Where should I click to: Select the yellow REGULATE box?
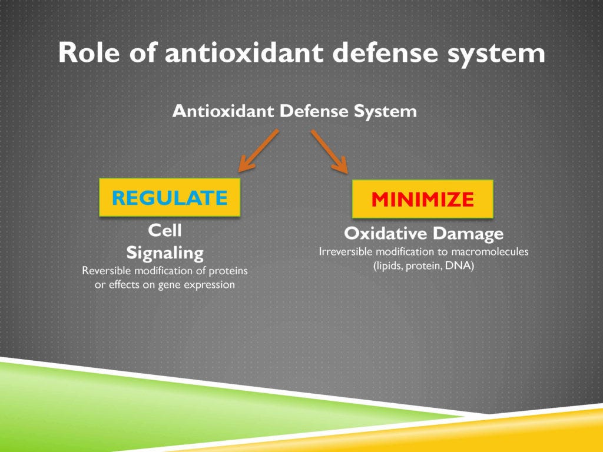pyautogui.click(x=170, y=197)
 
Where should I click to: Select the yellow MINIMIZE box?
pyautogui.click(x=422, y=200)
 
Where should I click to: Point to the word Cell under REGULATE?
pyautogui.click(x=164, y=230)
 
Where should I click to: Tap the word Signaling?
pyautogui.click(x=165, y=253)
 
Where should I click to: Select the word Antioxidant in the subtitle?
pyautogui.click(x=223, y=111)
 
